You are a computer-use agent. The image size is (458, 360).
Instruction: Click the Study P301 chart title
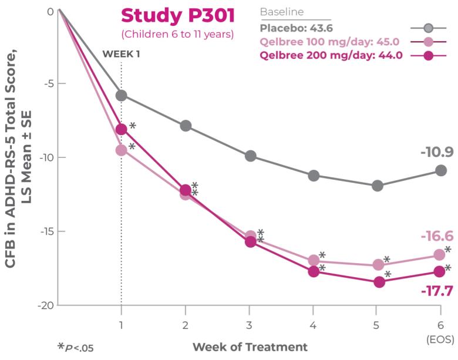pos(177,15)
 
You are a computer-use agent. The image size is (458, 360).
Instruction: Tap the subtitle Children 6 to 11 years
pos(177,34)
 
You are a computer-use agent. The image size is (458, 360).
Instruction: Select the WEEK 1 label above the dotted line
pos(122,54)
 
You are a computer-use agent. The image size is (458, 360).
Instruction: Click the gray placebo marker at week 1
pos(122,95)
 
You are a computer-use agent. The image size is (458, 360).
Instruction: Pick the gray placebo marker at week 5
pos(378,186)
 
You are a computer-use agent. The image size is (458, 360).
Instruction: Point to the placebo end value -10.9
pos(436,153)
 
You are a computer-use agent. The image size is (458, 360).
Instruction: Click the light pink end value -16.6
pos(436,236)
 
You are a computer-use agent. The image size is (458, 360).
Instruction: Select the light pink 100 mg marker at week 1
pos(122,150)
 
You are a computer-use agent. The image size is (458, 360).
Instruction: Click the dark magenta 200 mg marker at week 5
pos(379,282)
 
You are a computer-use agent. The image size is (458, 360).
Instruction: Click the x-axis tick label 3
pos(249,325)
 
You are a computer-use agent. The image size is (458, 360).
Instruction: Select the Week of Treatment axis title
pos(250,346)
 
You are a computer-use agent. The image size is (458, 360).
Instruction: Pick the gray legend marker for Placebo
pos(429,28)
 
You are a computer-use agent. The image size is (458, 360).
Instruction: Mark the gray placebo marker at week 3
pos(251,156)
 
